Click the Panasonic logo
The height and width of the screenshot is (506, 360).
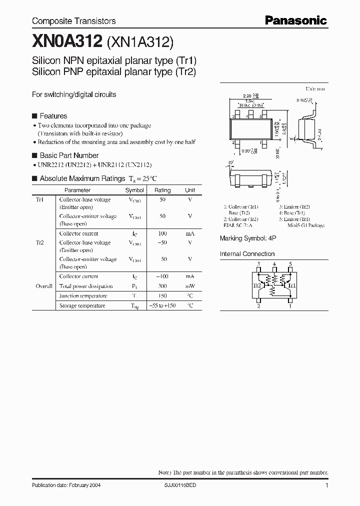295,20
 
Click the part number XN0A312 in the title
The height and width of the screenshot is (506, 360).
67,41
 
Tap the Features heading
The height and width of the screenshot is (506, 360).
53,116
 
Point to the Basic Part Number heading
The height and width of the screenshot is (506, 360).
68,155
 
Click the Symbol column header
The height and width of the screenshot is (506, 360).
134,190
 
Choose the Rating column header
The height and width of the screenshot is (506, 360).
162,190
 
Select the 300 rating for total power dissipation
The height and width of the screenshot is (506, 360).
162,286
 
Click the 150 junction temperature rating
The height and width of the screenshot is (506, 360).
162,296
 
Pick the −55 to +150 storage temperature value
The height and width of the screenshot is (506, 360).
162,305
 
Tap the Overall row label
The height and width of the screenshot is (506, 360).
44,286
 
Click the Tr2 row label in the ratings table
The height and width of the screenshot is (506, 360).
40,242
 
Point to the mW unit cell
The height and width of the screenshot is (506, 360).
190,286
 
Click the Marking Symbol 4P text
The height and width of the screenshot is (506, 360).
248,238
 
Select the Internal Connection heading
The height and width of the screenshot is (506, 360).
247,254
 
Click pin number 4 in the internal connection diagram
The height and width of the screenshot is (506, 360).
274,264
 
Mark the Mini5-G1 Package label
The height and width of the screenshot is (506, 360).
305,225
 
